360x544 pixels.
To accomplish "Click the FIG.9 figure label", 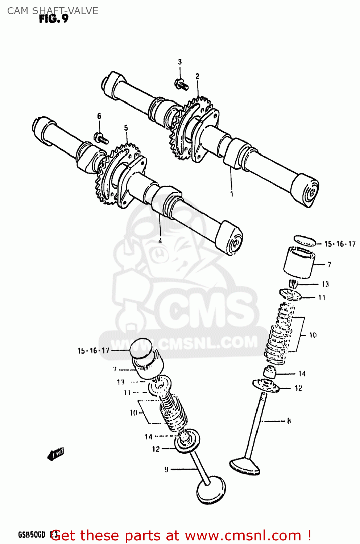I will click(x=54, y=19).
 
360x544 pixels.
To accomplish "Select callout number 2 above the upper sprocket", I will click(x=197, y=76).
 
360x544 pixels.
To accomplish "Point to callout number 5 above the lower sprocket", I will click(x=126, y=128).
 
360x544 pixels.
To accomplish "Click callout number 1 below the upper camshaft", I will click(x=232, y=194).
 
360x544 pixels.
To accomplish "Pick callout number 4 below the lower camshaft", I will click(x=160, y=240).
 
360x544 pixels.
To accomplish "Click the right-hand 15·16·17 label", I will click(x=340, y=244).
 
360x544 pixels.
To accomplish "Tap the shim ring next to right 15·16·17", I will click(x=304, y=240).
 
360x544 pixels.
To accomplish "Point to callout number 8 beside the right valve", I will click(x=289, y=421).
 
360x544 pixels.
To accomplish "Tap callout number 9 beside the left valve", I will click(x=166, y=470).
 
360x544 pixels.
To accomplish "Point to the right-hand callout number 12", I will click(x=298, y=388).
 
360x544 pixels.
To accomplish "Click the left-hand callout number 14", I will click(x=148, y=437).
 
